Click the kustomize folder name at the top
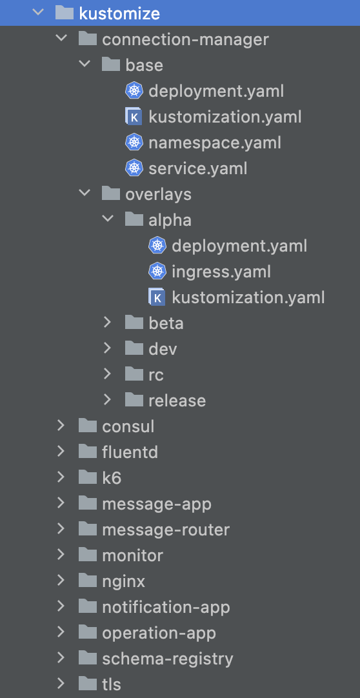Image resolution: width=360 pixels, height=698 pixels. point(119,14)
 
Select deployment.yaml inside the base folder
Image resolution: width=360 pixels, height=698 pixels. point(216,91)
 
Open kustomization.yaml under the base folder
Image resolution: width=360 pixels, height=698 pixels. point(225,117)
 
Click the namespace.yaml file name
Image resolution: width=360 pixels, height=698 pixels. point(215,143)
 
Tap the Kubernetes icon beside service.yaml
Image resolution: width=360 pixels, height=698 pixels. point(134,168)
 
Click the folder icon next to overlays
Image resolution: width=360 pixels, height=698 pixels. point(111,194)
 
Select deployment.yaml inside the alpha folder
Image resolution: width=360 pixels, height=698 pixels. point(239,246)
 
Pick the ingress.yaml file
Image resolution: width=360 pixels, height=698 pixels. point(221,272)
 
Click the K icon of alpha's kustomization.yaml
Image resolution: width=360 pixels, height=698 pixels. point(157,297)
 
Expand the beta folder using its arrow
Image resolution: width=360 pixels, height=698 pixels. point(107,322)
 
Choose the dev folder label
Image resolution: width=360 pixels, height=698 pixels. point(163,349)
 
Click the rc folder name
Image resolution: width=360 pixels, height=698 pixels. point(156,375)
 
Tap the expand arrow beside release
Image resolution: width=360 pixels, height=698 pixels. point(107,399)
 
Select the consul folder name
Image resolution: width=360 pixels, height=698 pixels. point(128,426)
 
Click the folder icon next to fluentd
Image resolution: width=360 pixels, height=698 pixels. point(88,452)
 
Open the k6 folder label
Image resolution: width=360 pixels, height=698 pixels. point(112,478)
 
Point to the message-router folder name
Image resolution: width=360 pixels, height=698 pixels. point(166,530)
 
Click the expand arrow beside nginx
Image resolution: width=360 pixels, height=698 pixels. point(61,580)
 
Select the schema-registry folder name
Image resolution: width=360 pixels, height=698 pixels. point(168,659)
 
